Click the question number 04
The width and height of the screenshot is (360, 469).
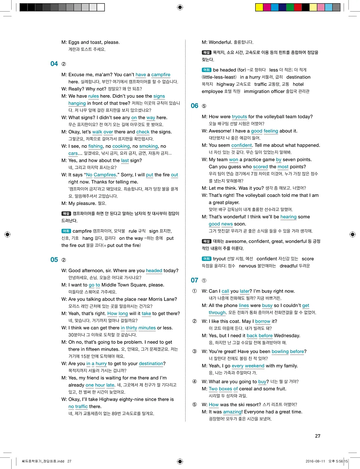(x=54, y=64)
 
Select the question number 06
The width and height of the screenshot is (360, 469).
(x=194, y=106)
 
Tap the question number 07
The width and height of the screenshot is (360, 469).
(x=194, y=280)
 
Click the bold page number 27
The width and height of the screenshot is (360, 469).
(x=318, y=436)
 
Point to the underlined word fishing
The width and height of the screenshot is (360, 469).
(x=96, y=146)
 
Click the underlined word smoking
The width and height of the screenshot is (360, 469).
(x=148, y=146)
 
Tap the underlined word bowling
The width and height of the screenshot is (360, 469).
(x=280, y=352)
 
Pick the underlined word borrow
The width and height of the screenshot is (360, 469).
(x=263, y=321)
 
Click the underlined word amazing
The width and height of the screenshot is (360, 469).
(x=232, y=412)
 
